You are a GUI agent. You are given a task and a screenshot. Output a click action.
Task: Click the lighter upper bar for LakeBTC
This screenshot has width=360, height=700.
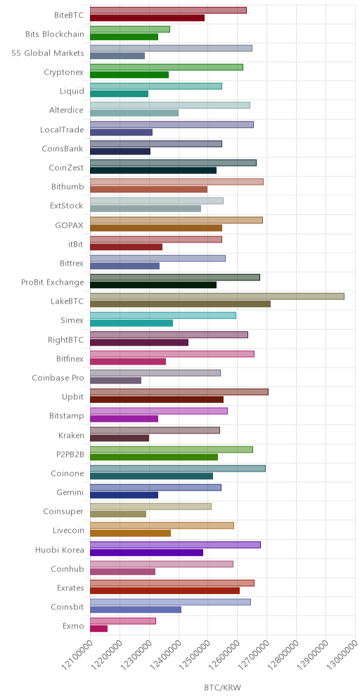tap(217, 297)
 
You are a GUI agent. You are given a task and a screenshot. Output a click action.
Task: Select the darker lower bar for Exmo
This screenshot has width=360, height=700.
tap(98, 628)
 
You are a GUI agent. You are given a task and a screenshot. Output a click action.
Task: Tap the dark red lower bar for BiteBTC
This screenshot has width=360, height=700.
tap(148, 18)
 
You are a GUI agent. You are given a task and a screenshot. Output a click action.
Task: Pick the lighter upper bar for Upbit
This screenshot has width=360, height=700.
tap(179, 392)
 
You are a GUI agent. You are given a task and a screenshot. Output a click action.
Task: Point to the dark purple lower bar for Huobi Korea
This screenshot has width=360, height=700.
tap(146, 552)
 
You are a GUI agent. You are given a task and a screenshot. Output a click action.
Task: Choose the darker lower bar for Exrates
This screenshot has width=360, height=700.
tap(165, 590)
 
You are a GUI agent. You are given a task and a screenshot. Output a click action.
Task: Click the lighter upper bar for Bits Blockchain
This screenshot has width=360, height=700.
tap(130, 30)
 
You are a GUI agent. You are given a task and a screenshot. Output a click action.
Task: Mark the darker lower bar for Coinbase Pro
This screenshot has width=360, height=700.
tap(116, 380)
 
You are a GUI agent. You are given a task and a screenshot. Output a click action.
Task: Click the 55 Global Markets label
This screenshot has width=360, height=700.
tap(48, 53)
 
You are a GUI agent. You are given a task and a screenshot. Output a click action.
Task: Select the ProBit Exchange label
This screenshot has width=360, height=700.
tap(53, 282)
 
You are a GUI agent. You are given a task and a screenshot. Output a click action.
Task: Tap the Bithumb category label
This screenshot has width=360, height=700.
tap(67, 187)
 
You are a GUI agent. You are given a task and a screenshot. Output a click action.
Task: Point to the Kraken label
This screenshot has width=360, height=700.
tap(71, 435)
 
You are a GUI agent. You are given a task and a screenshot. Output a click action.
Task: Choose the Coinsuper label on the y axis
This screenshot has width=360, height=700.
tap(64, 511)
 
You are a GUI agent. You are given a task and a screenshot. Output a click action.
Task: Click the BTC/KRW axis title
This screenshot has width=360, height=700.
tap(223, 687)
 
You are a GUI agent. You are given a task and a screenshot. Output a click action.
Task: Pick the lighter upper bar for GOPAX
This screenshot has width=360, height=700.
tap(176, 220)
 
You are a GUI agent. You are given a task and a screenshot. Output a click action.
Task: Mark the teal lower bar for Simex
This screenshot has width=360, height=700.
tap(131, 323)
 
